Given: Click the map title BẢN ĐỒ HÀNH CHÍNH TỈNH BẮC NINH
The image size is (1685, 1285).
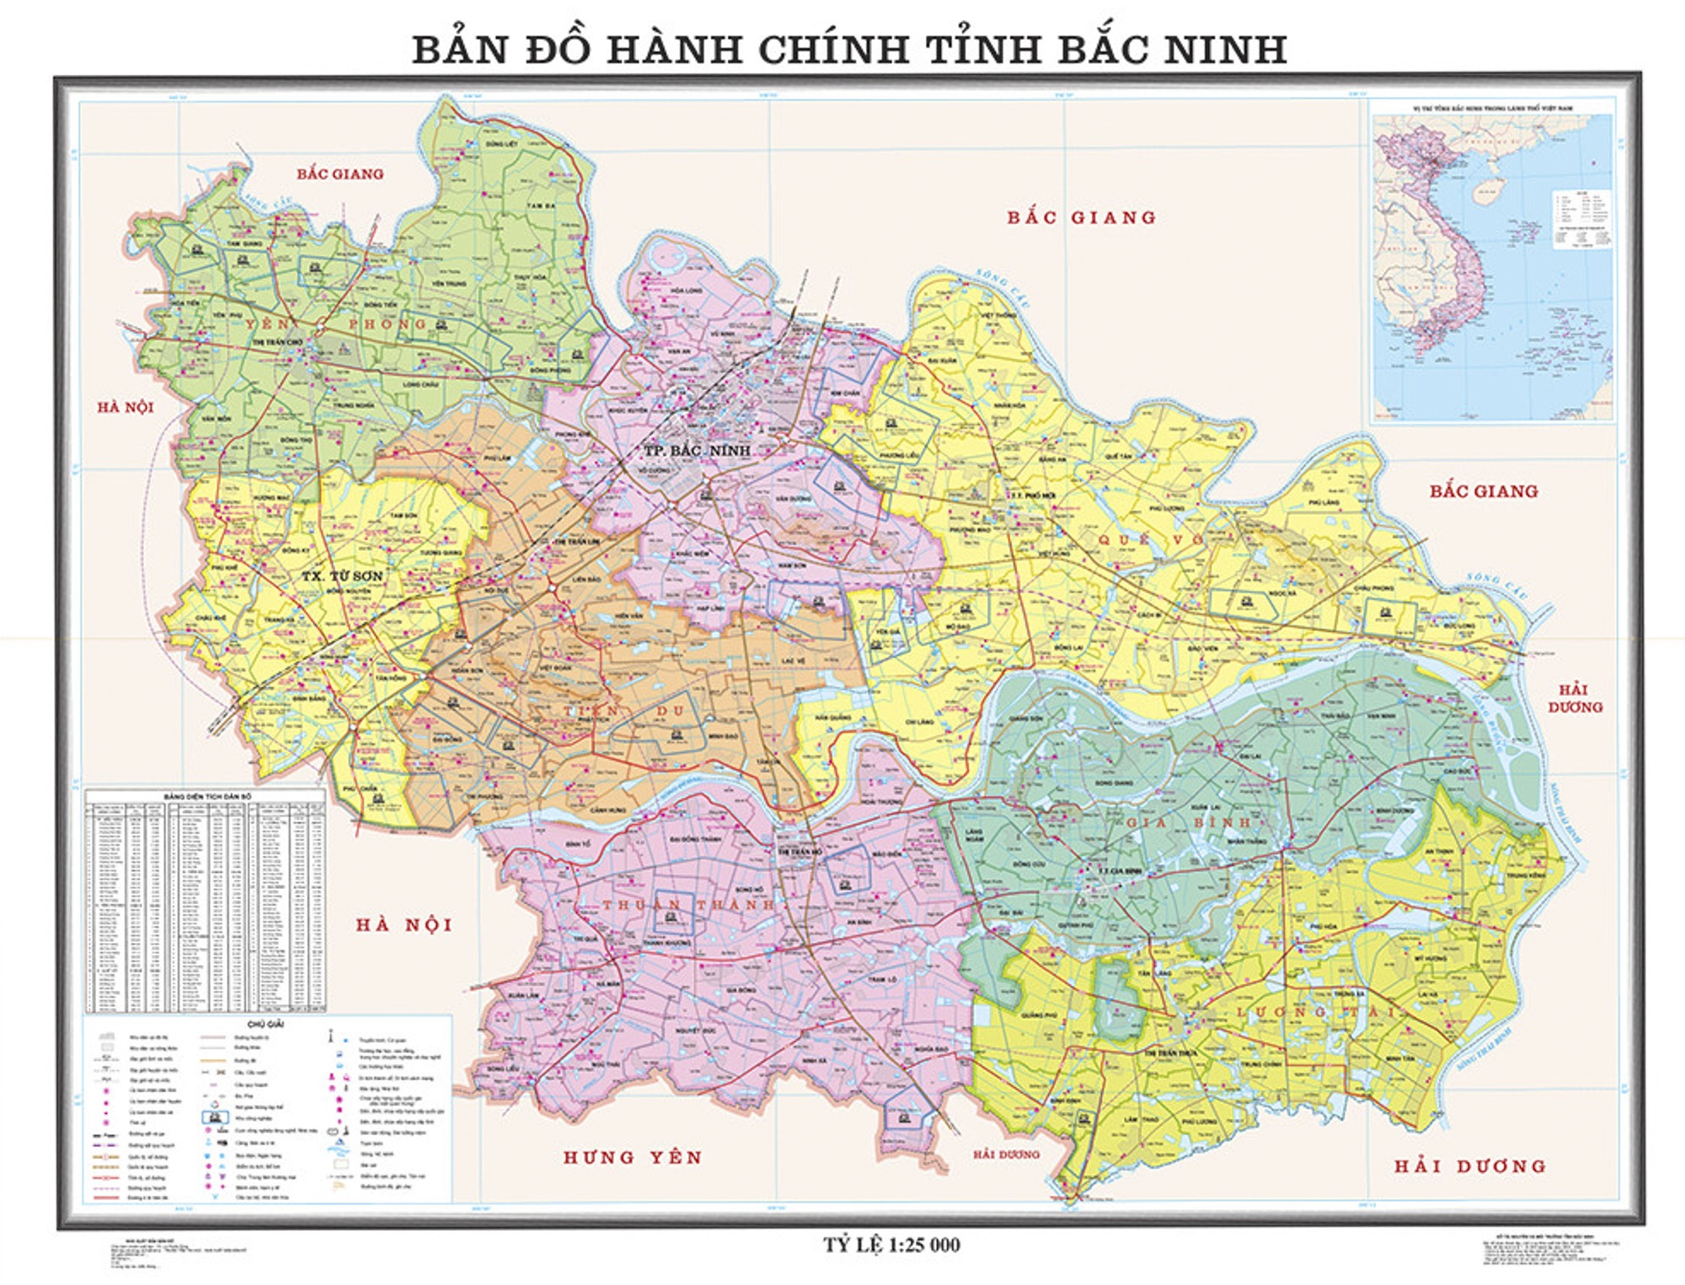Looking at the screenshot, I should (849, 50).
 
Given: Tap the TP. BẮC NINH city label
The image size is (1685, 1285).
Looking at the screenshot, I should (697, 451).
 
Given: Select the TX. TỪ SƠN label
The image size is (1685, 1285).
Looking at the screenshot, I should (342, 576).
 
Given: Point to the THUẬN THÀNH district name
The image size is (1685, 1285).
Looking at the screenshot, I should (687, 905).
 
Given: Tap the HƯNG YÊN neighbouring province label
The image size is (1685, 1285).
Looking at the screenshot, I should (633, 1158).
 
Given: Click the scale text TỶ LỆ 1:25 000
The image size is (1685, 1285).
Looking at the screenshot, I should (891, 1245).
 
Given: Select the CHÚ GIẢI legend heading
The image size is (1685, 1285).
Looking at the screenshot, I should (267, 1025).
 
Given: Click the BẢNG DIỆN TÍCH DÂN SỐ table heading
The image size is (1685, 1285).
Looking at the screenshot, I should (207, 795).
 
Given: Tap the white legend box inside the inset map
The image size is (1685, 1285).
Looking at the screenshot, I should (1582, 220).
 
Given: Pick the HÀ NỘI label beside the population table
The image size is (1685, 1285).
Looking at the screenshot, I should (404, 925).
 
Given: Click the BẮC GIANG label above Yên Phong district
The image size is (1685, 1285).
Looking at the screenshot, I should (340, 174).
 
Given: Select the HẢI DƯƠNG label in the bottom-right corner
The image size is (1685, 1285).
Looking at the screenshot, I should (1470, 1166).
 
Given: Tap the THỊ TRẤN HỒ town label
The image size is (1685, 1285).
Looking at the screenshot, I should (800, 852).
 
